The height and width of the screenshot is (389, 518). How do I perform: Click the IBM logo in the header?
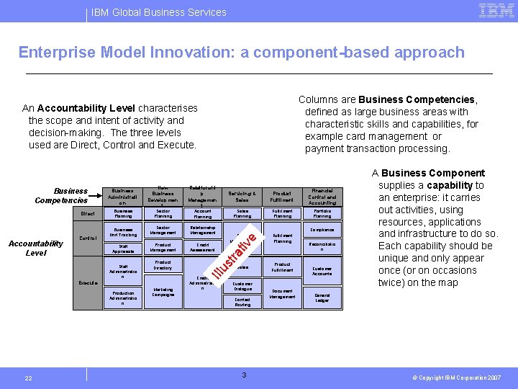(495, 11)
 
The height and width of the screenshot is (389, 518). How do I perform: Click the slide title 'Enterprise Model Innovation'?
(241, 53)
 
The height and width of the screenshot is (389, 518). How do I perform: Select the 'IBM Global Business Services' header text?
(159, 12)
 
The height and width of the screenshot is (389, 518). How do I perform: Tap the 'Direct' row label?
(88, 214)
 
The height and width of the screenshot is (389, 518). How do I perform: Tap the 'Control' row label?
(88, 238)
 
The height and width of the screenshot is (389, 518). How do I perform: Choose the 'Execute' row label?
(88, 283)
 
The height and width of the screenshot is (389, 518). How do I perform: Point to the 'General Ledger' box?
(322, 297)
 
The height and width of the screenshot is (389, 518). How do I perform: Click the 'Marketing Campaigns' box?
(163, 292)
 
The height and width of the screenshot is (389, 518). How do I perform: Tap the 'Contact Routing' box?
(242, 302)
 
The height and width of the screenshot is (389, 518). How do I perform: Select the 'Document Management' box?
(282, 293)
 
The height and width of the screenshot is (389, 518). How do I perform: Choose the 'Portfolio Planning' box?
(322, 214)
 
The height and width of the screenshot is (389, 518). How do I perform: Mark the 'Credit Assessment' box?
(203, 247)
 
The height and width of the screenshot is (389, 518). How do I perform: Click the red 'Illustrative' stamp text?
(235, 253)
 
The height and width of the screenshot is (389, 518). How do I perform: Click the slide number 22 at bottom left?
(28, 378)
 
